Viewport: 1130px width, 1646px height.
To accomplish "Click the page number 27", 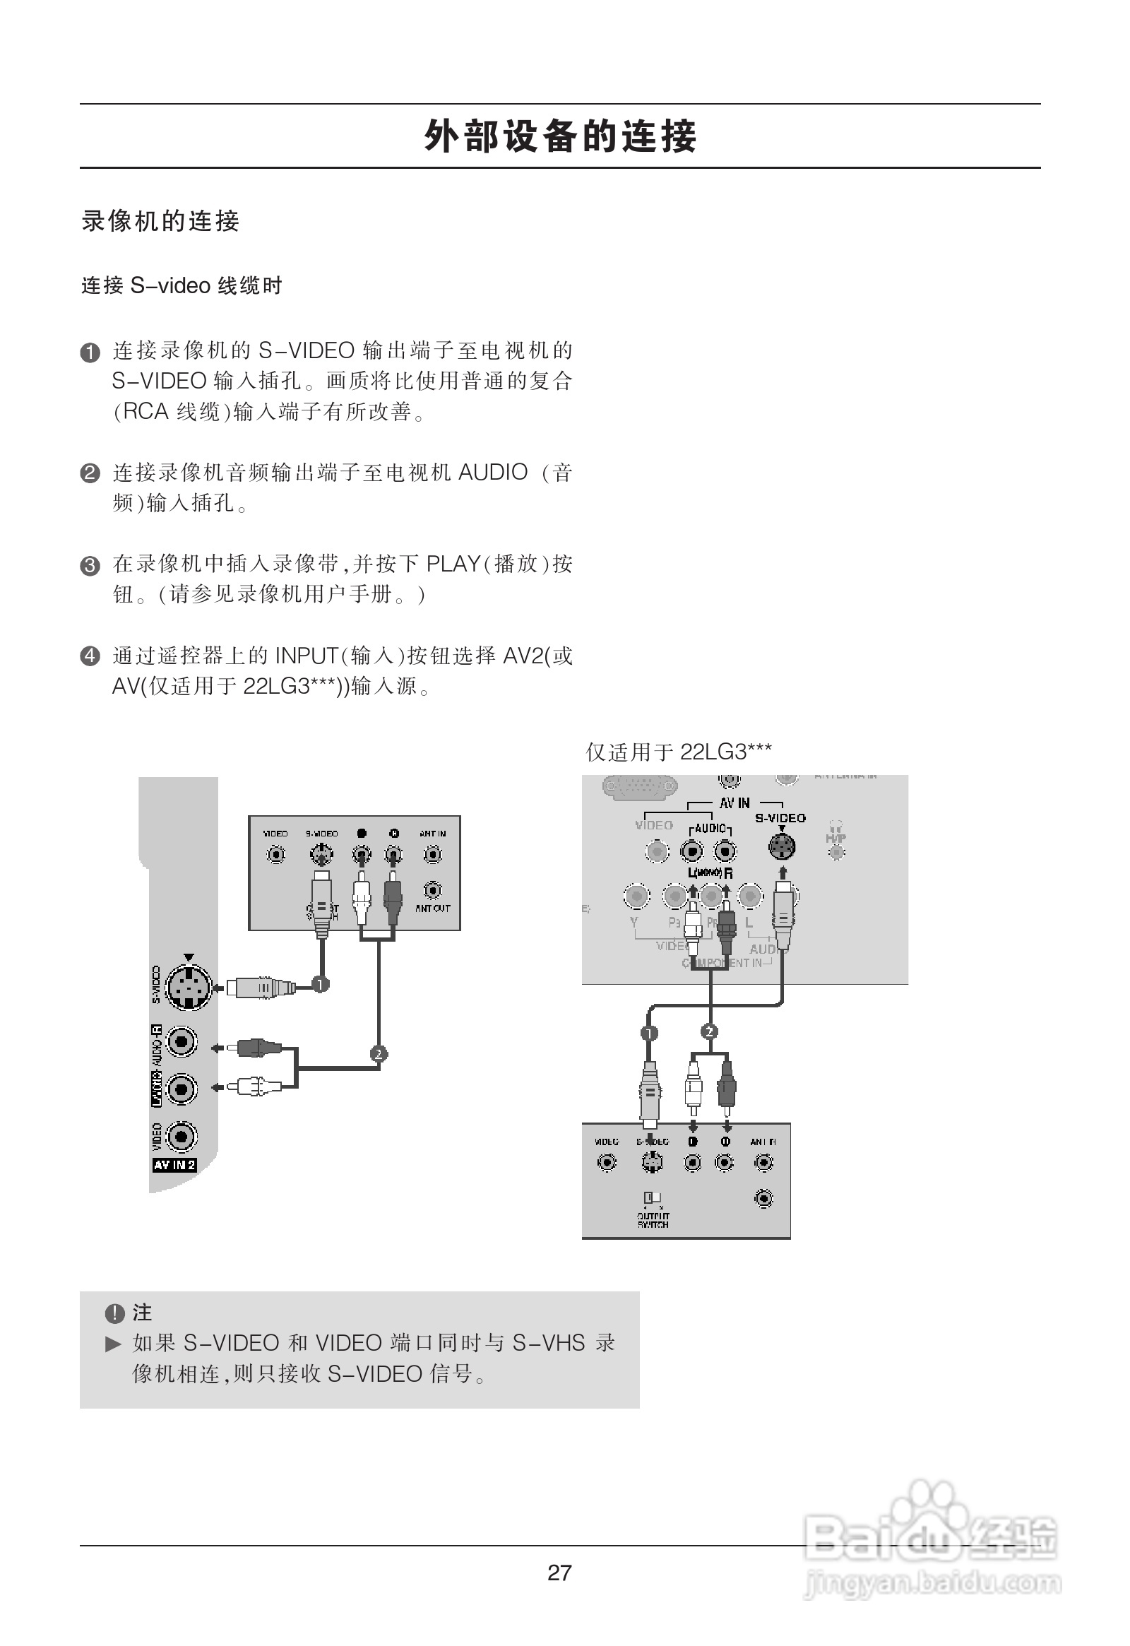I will [x=559, y=1573].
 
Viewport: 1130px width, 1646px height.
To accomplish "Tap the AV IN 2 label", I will [x=174, y=1165].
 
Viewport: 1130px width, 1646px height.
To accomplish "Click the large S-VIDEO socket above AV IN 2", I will [x=188, y=985].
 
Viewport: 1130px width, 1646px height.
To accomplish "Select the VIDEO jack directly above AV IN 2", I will [x=182, y=1137].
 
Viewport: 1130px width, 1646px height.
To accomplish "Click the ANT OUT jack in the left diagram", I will [x=433, y=889].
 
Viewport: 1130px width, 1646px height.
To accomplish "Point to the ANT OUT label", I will [x=433, y=908].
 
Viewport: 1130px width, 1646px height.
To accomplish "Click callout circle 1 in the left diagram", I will [x=321, y=984].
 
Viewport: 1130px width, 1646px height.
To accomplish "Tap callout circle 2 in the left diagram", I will [x=379, y=1054].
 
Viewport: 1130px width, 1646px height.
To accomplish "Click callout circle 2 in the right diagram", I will [x=710, y=1031].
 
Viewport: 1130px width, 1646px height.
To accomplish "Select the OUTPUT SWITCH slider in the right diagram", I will [x=652, y=1197].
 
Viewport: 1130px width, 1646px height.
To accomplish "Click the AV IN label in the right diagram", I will [x=734, y=803].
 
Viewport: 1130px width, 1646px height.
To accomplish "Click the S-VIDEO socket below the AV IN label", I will [x=782, y=846].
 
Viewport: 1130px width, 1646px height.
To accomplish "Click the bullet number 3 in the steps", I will [x=90, y=566].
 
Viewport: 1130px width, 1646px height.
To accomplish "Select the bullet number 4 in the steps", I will [x=90, y=656].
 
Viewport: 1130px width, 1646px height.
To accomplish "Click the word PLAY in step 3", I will [x=453, y=564].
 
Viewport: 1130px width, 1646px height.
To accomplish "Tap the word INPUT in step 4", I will [x=307, y=656].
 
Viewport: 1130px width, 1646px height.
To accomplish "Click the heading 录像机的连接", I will [x=161, y=221].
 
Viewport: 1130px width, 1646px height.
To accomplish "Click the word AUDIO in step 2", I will [x=494, y=473].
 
